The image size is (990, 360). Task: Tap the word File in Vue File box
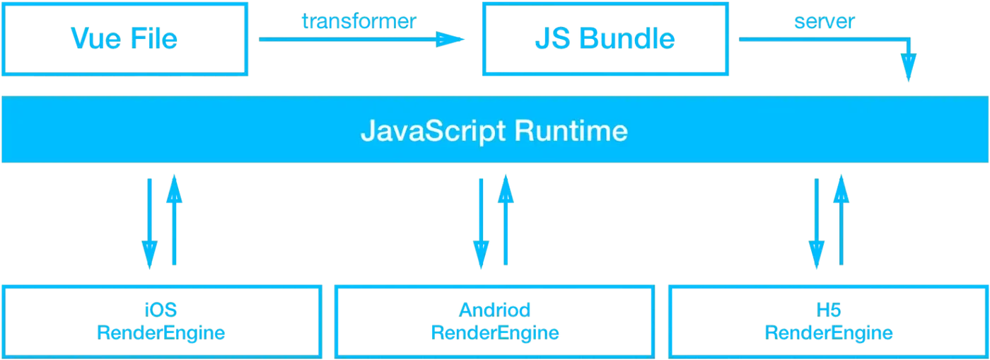tap(153, 38)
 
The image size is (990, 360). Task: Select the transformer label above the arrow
tap(359, 21)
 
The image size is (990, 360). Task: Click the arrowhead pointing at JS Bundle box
tap(452, 39)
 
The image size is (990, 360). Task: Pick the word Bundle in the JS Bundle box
tap(627, 39)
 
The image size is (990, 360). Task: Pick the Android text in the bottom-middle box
tap(494, 309)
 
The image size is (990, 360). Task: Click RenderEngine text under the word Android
tap(494, 332)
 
